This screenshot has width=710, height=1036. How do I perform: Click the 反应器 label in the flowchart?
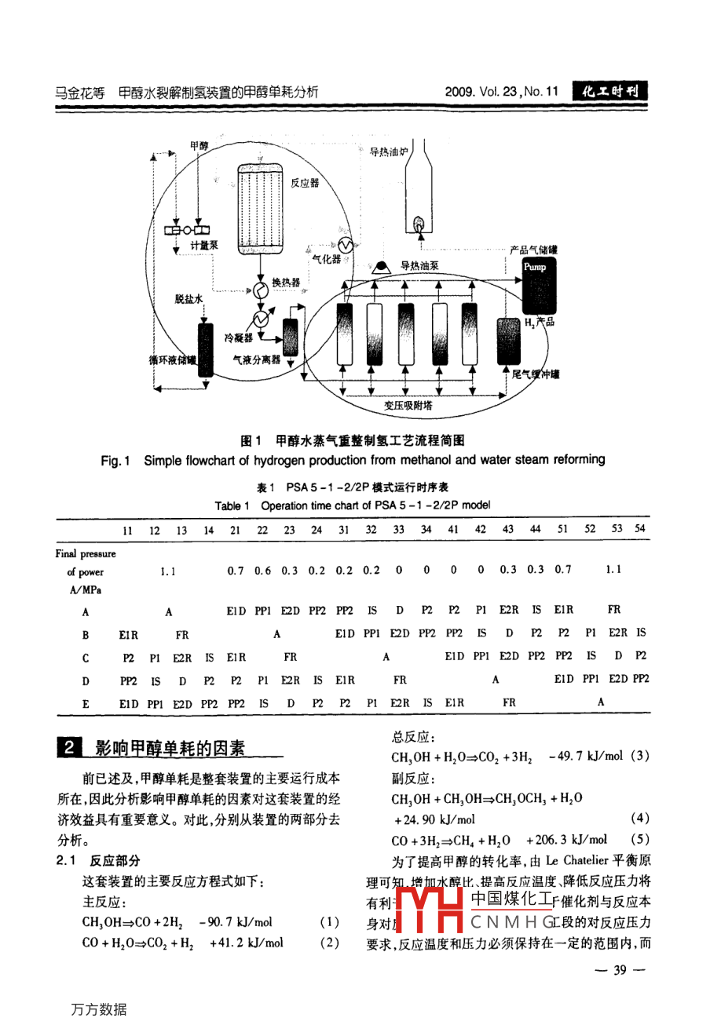(305, 183)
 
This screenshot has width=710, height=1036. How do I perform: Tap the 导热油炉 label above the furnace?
(388, 151)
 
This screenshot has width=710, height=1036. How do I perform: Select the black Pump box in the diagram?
(535, 267)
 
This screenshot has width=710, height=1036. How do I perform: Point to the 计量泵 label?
(204, 246)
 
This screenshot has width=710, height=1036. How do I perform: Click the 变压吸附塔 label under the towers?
(408, 405)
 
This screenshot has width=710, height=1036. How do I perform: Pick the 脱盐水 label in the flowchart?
(188, 299)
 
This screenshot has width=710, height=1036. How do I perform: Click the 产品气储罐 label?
(533, 250)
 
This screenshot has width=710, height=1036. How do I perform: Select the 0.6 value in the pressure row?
(262, 571)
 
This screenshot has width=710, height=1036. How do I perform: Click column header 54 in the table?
(640, 528)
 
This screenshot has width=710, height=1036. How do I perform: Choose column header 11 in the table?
(128, 530)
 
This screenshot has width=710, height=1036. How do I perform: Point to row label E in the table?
(86, 704)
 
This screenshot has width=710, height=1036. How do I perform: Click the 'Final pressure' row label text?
(86, 553)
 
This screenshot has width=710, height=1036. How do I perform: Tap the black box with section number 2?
(69, 747)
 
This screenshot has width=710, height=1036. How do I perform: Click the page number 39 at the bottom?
(620, 970)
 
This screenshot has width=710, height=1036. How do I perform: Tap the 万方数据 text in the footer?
(99, 1009)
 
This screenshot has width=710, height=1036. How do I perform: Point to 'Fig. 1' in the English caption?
(115, 460)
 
